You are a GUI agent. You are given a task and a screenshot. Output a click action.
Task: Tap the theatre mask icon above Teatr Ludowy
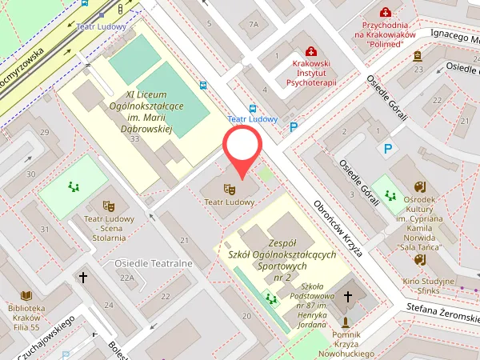tap(229, 189)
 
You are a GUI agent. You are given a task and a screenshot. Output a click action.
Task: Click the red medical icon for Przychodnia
tap(386, 13)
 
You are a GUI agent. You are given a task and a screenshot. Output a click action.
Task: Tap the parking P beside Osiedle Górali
tap(389, 149)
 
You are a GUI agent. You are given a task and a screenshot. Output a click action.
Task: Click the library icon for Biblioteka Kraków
tap(26, 295)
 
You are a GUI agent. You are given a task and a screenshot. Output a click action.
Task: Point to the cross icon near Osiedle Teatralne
tap(82, 278)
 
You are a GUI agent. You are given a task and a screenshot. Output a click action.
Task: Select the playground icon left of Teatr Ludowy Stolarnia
tap(74, 187)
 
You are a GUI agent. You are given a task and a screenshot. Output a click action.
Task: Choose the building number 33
tap(134, 139)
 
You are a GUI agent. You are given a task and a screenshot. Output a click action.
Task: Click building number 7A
tap(254, 24)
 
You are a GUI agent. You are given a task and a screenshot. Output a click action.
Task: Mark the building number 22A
tap(126, 278)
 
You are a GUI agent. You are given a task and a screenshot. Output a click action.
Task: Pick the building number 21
tap(184, 240)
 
